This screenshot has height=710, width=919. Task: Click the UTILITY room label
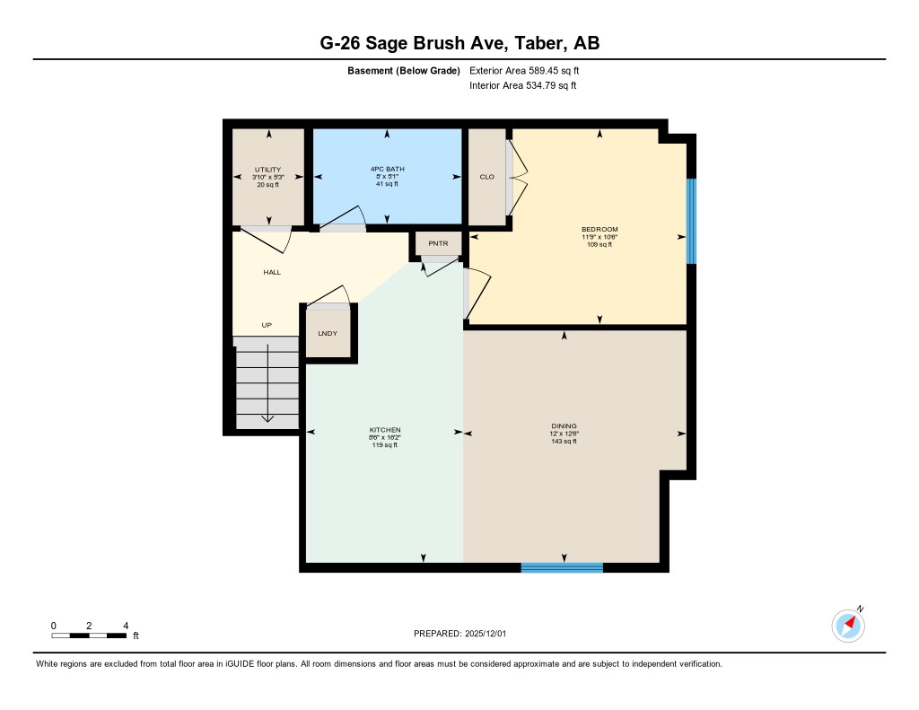point(267,170)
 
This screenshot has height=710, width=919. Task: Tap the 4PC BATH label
point(388,169)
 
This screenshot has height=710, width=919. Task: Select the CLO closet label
point(487,177)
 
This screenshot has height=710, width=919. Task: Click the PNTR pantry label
point(438,243)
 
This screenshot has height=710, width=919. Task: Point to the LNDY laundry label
point(327,333)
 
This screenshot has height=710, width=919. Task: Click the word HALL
point(272,272)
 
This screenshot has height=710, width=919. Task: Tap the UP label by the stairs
point(267,325)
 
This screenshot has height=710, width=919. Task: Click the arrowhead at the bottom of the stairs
point(267,418)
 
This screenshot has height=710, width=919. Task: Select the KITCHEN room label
point(385,430)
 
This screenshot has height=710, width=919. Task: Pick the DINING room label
point(565,426)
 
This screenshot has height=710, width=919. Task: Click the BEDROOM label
point(600,230)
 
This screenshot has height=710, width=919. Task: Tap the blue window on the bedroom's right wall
point(691,222)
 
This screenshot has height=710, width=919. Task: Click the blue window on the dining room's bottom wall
point(562,567)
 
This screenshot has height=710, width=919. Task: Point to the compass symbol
point(848,625)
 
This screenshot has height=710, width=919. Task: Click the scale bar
point(89,635)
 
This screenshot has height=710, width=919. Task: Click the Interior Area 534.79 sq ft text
point(522,86)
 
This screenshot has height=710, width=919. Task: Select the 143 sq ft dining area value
point(565,441)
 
